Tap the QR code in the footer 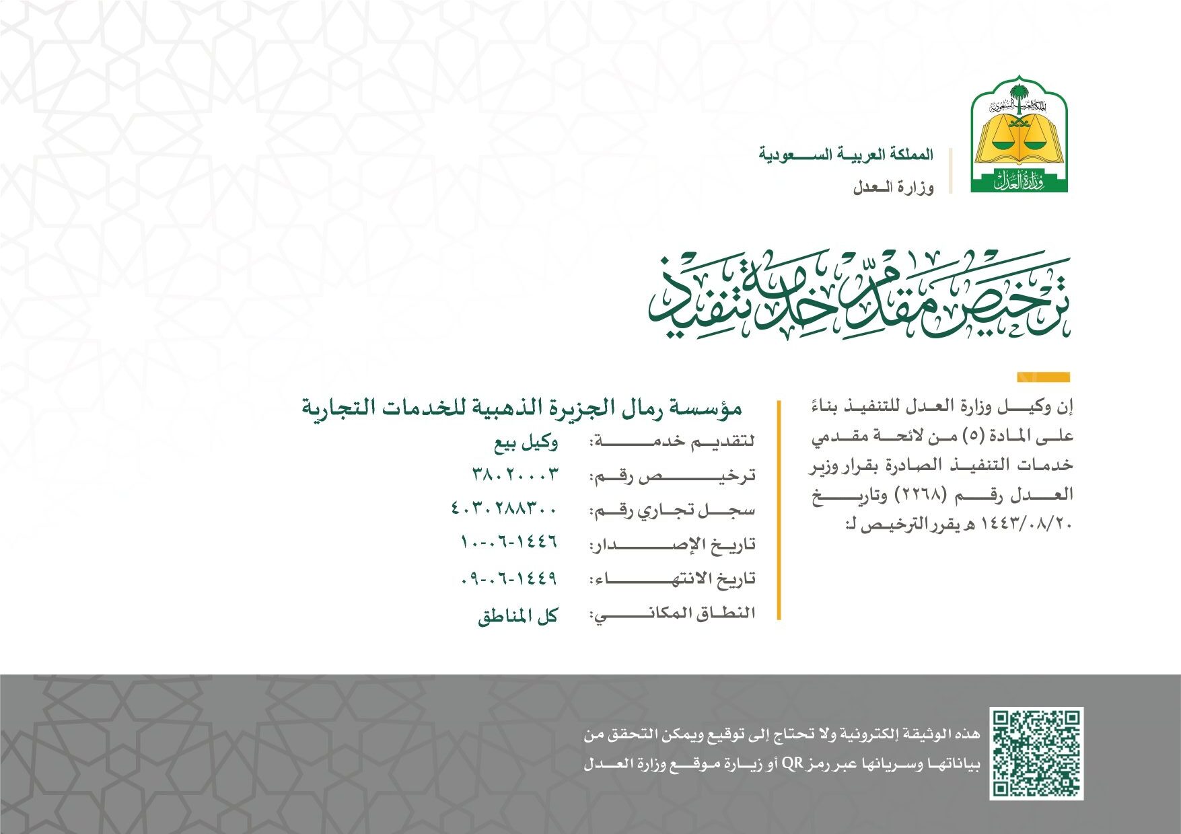(1036, 753)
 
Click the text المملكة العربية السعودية (846, 155)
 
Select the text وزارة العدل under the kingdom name (893, 188)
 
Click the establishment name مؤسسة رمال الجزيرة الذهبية (522, 408)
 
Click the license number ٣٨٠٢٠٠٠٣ (515, 474)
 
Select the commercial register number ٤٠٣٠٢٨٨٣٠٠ (504, 508)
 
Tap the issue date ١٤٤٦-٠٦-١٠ (509, 542)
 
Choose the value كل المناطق (518, 616)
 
